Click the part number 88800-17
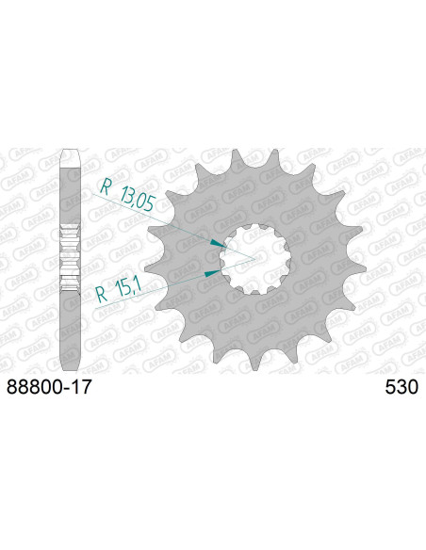coord(49,387)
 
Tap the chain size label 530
coord(401,387)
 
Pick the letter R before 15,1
coord(102,295)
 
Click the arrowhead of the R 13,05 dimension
coord(219,243)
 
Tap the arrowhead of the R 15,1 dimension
coord(213,272)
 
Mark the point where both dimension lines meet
coord(254,259)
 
